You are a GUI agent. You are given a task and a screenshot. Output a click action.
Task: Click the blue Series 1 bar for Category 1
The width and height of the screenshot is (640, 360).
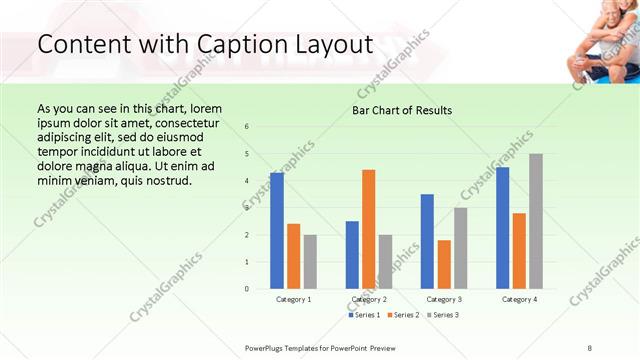tap(277, 231)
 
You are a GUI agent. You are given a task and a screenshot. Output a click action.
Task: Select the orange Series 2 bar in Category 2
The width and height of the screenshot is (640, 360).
tap(369, 229)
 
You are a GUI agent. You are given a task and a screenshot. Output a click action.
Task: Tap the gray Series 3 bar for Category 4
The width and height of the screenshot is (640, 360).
tap(536, 221)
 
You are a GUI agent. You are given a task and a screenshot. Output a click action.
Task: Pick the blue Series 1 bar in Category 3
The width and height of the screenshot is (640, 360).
tap(427, 241)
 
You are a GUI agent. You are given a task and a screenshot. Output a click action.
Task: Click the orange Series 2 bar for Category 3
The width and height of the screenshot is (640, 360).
tap(444, 264)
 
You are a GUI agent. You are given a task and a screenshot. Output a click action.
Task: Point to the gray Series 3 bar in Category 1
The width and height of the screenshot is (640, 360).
tap(310, 262)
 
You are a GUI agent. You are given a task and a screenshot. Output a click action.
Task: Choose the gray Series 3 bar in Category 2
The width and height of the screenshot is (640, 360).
tap(386, 262)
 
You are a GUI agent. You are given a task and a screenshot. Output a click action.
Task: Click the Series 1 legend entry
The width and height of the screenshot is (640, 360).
tap(364, 315)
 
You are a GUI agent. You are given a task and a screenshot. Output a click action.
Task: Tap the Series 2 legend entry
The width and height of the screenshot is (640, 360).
tap(403, 315)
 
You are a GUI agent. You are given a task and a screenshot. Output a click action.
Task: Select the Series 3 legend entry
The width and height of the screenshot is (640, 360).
tap(441, 315)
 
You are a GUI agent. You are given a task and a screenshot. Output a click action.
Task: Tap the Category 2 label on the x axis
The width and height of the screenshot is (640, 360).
tap(369, 299)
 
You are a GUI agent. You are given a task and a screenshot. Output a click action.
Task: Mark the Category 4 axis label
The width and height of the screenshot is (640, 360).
tap(519, 299)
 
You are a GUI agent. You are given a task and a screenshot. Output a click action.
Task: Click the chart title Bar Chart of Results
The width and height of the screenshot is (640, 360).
tap(402, 110)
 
